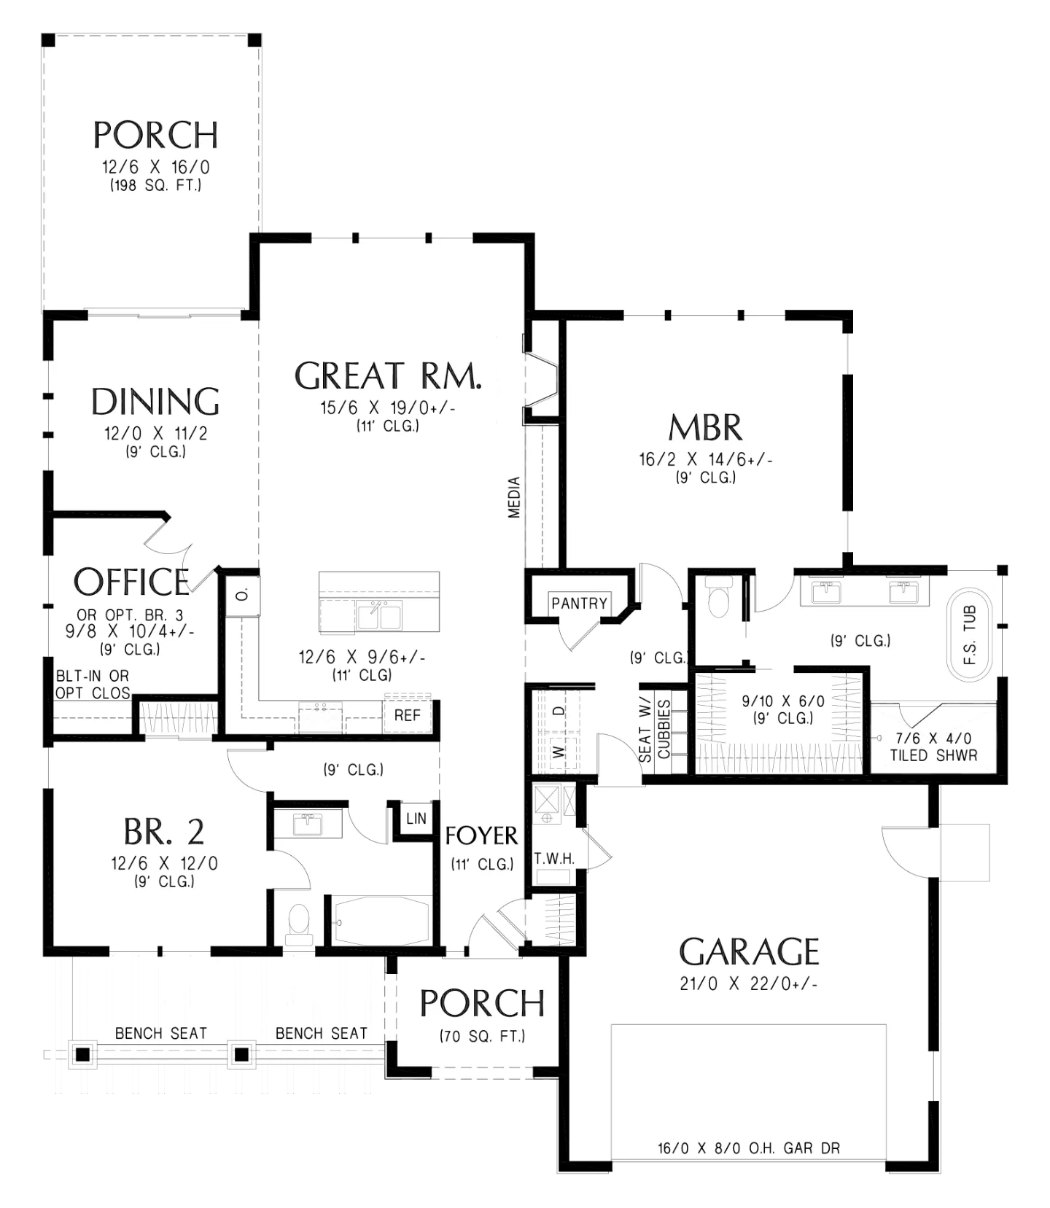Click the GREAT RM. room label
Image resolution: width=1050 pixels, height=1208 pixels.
pos(388,375)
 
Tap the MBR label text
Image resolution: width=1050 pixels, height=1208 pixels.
pos(705,428)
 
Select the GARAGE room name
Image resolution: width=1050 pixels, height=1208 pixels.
pos(750,951)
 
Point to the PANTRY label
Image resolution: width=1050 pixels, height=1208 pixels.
pos(579,603)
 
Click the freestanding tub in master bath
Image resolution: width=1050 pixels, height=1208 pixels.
pos(969,635)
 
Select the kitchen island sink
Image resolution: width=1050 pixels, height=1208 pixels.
pos(378,616)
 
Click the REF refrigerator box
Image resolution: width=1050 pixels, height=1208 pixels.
pos(408,715)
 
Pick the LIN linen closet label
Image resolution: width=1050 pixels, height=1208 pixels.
pos(416,818)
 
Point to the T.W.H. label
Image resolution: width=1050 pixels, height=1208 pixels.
pos(554,859)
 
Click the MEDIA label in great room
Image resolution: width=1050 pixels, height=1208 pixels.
pos(515,497)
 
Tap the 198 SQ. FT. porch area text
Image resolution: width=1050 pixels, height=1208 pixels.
pos(156,186)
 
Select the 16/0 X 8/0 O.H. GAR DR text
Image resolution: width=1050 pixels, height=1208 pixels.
pos(749,1148)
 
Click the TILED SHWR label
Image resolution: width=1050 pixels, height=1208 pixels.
pos(933,755)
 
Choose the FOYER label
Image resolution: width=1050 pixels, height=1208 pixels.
pos(481,835)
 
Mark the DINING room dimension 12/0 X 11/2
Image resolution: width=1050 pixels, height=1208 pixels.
pos(156,434)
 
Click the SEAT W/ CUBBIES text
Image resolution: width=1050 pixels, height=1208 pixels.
pos(655,731)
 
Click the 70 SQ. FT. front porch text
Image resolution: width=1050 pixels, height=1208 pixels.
pos(482,1036)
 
